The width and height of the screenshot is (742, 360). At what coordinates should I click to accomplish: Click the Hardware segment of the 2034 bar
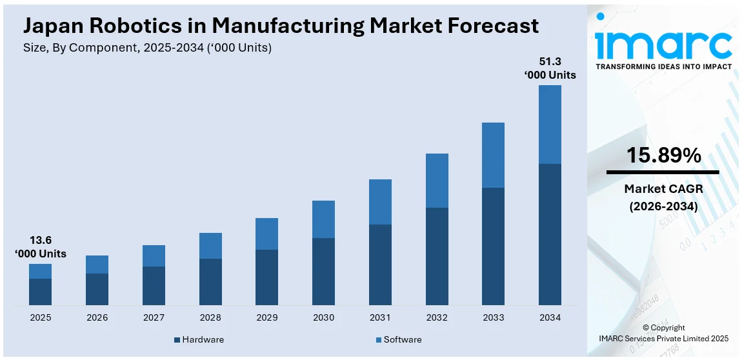[x=550, y=234]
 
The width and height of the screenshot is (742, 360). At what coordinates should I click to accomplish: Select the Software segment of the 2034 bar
[x=550, y=125]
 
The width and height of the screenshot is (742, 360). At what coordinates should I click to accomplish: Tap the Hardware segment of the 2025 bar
[x=40, y=292]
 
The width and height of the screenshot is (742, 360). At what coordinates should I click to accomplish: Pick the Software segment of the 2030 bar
[x=323, y=219]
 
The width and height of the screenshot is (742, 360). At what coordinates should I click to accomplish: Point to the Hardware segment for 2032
[x=437, y=256]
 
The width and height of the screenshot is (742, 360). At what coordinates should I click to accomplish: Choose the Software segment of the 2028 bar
[x=210, y=246]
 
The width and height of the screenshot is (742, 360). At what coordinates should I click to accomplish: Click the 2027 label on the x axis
[x=154, y=318]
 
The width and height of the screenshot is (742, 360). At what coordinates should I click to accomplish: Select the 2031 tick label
[x=380, y=318]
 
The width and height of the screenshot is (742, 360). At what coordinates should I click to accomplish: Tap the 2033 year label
[x=493, y=318]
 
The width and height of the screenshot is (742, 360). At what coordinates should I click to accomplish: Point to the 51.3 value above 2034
[x=549, y=62]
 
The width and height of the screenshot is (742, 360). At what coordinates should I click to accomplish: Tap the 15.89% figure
[x=663, y=155]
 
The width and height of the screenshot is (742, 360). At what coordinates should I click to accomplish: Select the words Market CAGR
[x=663, y=189]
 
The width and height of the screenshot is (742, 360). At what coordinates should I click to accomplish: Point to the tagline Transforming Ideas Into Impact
[x=663, y=66]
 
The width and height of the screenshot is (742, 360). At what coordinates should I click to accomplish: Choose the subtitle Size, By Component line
[x=147, y=48]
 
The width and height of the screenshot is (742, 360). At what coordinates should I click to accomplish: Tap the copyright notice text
[x=663, y=333]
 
